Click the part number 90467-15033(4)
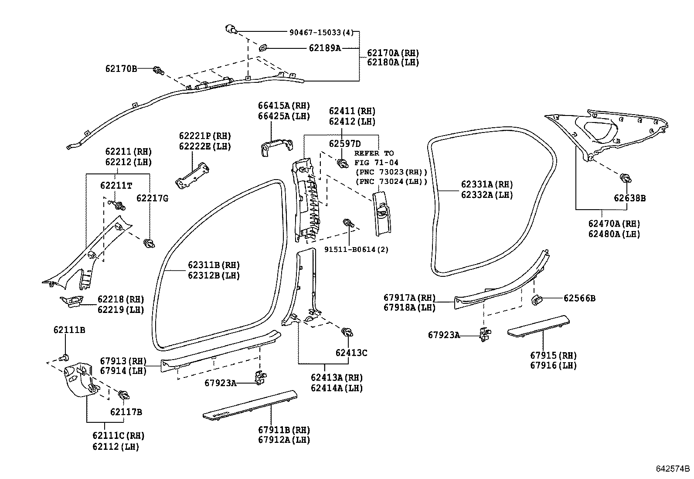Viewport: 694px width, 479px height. point(321,32)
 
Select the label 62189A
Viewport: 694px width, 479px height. point(325,48)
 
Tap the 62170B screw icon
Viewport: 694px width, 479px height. point(158,70)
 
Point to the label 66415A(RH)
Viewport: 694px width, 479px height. point(284,106)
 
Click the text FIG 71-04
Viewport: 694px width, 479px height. point(376,163)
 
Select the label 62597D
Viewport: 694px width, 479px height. point(345,144)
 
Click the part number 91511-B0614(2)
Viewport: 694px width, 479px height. point(356,249)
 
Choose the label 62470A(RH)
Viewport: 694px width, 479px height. point(614,224)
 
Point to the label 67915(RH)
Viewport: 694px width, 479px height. point(553,356)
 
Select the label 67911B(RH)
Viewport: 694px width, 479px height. point(284,431)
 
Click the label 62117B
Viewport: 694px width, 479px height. point(126,412)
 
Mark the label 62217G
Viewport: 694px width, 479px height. point(152,199)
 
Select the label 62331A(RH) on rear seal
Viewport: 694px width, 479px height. point(487,185)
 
